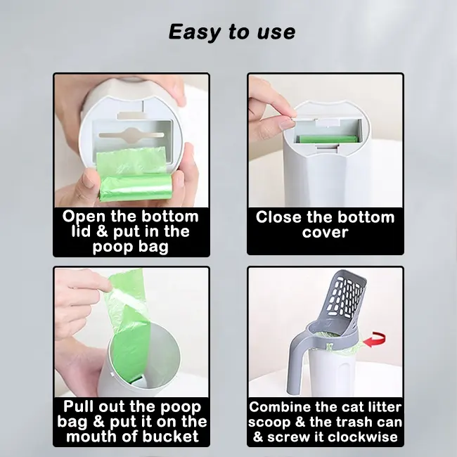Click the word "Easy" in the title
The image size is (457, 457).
[x=194, y=32]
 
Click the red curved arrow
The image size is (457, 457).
[x=375, y=340]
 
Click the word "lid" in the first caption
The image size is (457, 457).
[x=82, y=231]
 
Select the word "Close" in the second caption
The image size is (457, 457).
[x=278, y=217]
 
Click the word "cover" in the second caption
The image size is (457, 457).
[x=326, y=233]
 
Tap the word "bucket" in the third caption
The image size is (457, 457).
[x=171, y=437]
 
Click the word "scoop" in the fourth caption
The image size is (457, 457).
[x=269, y=423]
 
